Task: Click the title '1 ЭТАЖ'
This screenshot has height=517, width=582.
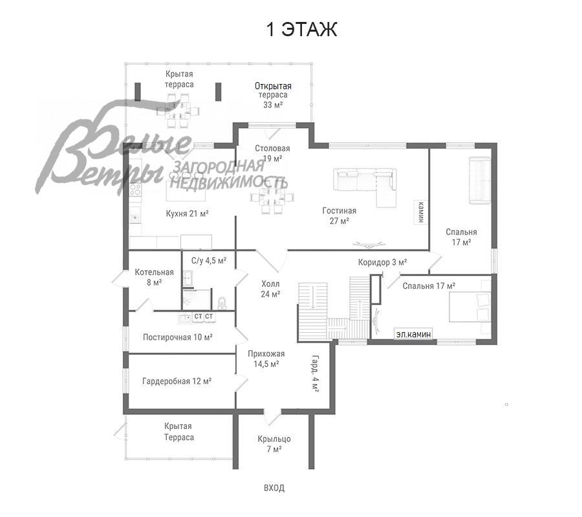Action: [x=301, y=30]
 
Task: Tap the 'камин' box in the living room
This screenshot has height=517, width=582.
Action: [x=420, y=212]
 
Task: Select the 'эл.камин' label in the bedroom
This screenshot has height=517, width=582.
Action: [x=413, y=334]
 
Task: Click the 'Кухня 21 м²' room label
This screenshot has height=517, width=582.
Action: [x=187, y=214]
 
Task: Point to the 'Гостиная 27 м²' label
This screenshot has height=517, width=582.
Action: [x=339, y=216]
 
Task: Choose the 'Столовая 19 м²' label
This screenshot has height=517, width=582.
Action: [x=272, y=154]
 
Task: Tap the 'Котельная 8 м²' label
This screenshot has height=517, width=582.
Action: [x=154, y=277]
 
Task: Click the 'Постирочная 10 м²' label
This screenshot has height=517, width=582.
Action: [x=178, y=337]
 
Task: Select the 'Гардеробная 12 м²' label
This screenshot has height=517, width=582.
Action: [x=177, y=381]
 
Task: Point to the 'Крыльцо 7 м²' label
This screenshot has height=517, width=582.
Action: [x=274, y=444]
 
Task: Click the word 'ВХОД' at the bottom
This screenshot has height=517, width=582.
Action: [x=274, y=488]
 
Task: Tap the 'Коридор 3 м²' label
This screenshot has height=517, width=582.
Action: [x=382, y=262]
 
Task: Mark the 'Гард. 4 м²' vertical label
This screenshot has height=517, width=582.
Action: [x=315, y=374]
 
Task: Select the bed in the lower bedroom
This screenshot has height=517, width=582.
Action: [x=470, y=307]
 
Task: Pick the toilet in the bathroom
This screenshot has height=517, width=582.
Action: [x=222, y=303]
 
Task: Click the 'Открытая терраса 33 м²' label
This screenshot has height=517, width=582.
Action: [x=273, y=95]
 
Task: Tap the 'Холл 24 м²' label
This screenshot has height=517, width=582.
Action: [x=270, y=290]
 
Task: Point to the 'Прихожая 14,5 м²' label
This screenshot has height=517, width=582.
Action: [x=266, y=359]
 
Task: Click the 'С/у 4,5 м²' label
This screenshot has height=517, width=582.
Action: [x=209, y=260]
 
